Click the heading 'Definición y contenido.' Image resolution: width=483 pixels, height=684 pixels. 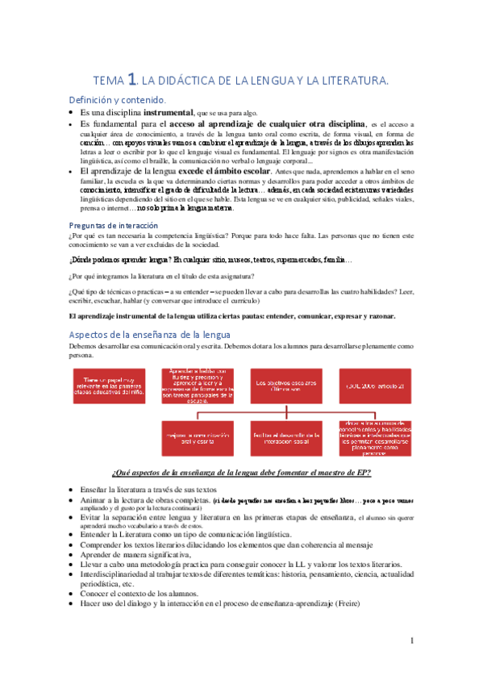pos(118,99)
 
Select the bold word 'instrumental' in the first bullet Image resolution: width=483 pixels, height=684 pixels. pos(166,112)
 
